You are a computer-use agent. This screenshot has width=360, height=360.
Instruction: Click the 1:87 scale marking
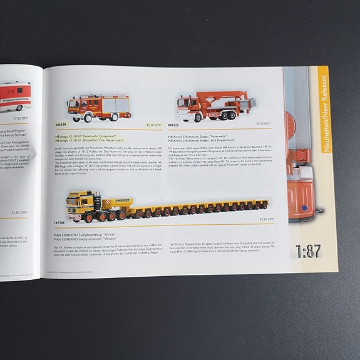pos(308,251)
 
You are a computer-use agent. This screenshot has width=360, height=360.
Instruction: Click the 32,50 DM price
pos(153,125)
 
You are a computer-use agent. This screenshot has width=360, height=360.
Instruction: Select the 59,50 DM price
pos(266,219)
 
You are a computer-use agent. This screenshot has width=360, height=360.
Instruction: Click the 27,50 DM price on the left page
pos(21,118)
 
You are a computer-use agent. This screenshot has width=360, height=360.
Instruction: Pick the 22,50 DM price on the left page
pos(19,213)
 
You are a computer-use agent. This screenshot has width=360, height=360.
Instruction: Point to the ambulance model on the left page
pos(14,96)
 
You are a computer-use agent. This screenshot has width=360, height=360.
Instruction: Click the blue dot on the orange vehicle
pos(304,208)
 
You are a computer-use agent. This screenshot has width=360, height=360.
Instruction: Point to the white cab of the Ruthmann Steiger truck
pos(187,106)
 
